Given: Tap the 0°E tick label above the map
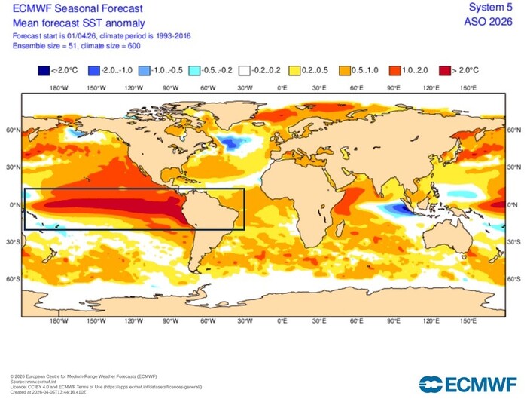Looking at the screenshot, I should [x=282, y=87].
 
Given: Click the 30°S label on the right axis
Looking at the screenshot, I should [x=515, y=242].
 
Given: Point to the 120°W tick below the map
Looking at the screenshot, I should [x=133, y=321].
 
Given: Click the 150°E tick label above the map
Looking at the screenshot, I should [x=468, y=87].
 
